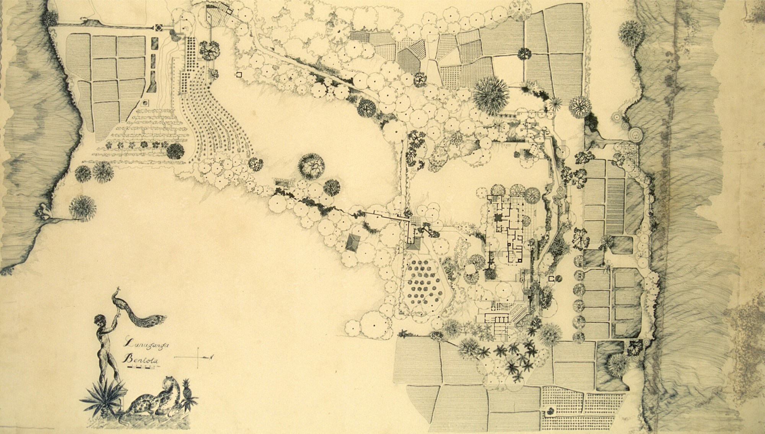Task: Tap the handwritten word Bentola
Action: click(140, 359)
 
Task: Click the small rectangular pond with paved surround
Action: click(282, 183)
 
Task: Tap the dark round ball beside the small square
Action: click(559, 279)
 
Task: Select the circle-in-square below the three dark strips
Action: click(145, 103)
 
